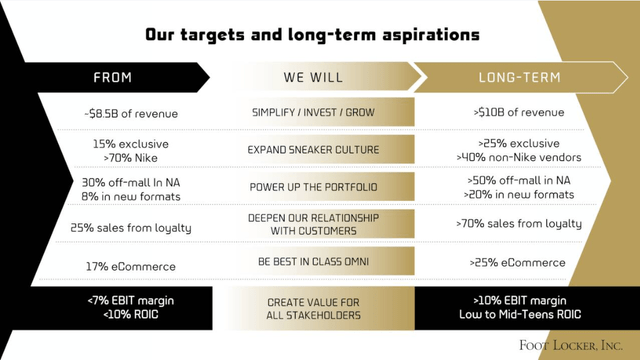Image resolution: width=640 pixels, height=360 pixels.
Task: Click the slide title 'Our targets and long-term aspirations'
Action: point(320,35)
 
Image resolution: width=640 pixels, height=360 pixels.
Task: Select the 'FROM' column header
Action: point(112,76)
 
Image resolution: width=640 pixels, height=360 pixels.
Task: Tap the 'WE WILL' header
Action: point(313,76)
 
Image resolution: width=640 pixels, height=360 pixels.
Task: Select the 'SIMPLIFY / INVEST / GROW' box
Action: point(313,113)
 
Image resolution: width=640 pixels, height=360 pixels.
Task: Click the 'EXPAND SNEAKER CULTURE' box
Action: point(313,150)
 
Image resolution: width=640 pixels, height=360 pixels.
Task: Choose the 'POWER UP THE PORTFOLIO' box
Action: point(313,187)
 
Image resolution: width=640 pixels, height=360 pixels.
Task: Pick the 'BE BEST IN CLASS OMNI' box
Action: point(313,263)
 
